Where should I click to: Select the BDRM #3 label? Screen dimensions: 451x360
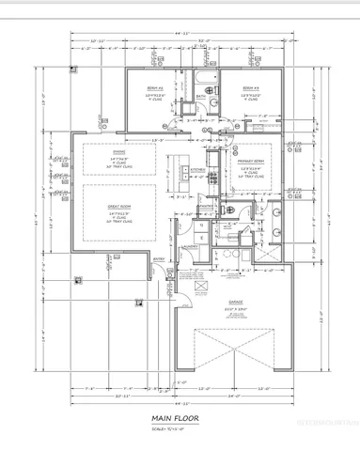249,87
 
